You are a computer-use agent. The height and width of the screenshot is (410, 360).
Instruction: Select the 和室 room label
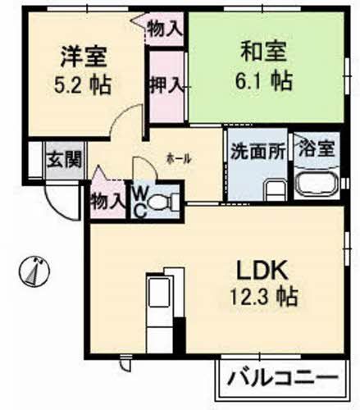(x=263, y=52)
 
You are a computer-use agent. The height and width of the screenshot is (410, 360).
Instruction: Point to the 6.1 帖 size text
(x=263, y=80)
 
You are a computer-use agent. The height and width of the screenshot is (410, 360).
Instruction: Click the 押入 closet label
(x=166, y=84)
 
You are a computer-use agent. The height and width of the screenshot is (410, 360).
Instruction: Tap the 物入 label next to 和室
(x=165, y=29)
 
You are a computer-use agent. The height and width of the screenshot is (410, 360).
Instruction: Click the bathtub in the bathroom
(x=316, y=186)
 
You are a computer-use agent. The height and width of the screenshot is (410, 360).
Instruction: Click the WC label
(x=139, y=199)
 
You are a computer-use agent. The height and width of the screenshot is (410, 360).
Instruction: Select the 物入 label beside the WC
(x=109, y=200)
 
